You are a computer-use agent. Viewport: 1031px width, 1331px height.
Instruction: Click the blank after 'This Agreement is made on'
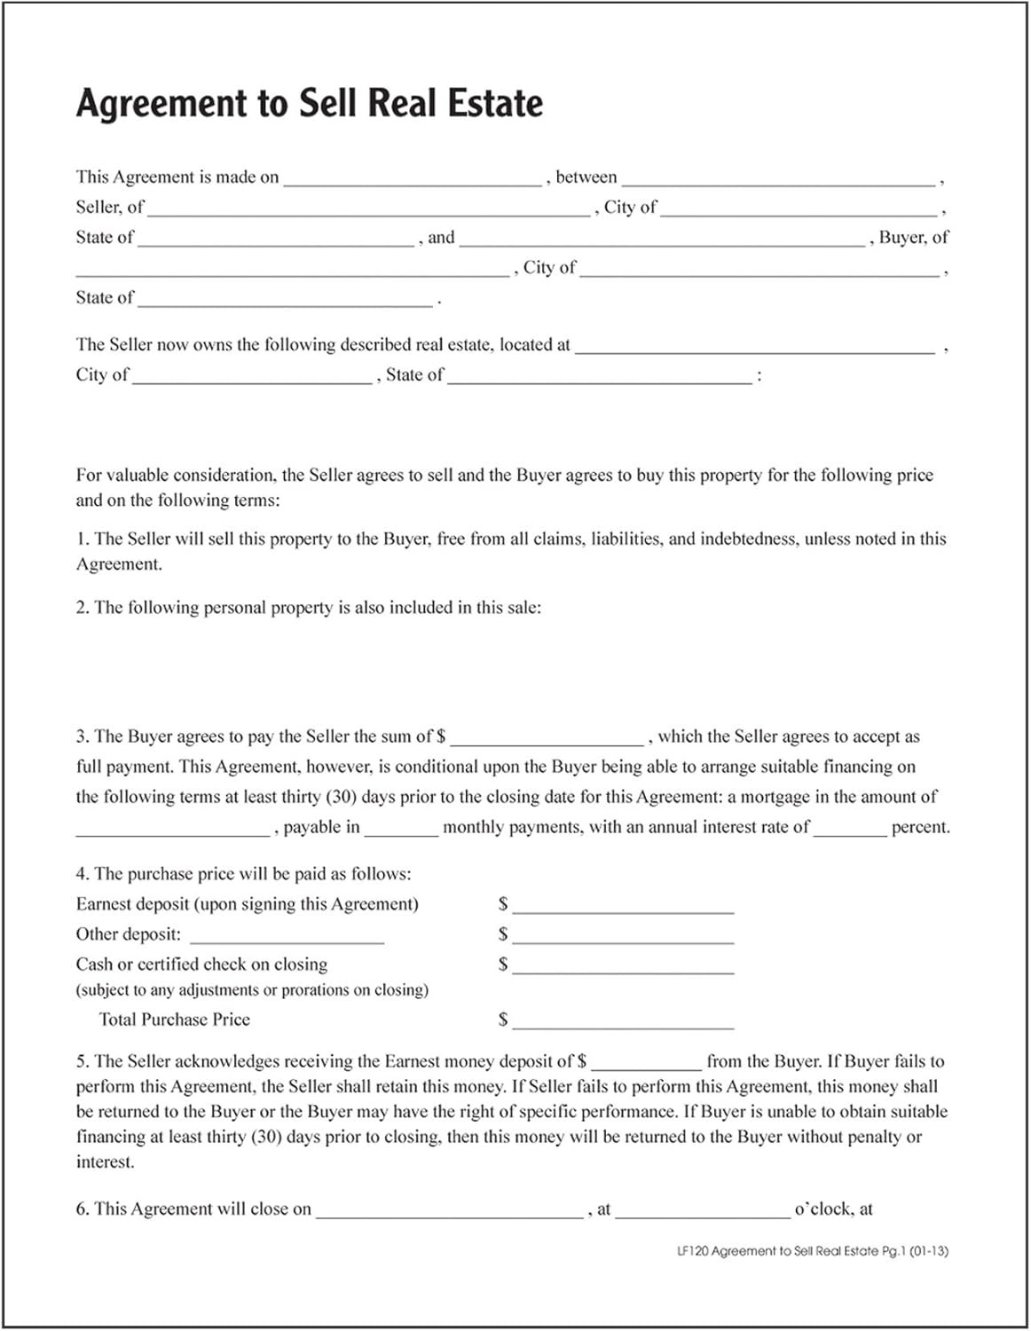[x=413, y=179]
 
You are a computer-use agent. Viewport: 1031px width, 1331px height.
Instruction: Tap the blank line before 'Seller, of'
[x=779, y=179]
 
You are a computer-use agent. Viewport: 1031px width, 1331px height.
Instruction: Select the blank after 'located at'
[x=755, y=347]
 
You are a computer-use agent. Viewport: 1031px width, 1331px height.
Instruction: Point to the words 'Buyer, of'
[x=914, y=238]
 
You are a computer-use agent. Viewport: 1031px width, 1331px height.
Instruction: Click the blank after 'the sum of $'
[x=547, y=738]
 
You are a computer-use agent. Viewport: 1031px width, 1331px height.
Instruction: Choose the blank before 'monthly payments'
[x=401, y=829]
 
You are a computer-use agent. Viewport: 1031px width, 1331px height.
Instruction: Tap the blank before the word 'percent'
[x=850, y=829]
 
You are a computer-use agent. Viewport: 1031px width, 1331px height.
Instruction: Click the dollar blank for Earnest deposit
[x=623, y=906]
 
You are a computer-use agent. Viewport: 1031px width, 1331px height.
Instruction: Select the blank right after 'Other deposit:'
[x=287, y=936]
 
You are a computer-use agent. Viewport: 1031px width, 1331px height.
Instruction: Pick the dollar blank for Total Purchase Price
[x=623, y=1021]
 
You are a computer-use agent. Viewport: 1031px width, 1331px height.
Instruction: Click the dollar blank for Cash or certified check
[x=623, y=966]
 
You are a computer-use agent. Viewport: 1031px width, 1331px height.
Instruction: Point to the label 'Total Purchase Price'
[x=175, y=1020]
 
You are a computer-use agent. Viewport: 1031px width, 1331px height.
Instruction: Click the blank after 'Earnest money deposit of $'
[x=646, y=1063]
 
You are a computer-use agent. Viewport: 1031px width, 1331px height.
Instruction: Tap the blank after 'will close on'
[x=450, y=1210]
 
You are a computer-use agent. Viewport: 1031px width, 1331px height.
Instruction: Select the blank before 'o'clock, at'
[x=703, y=1210]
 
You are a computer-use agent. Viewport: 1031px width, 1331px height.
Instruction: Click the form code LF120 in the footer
[x=692, y=1251]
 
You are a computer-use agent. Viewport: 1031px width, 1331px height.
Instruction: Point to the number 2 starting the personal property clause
[x=82, y=608]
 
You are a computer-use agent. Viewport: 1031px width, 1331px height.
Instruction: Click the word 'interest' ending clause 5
[x=105, y=1162]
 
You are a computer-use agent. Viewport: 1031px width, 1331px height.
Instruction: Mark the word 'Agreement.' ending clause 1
[x=119, y=564]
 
